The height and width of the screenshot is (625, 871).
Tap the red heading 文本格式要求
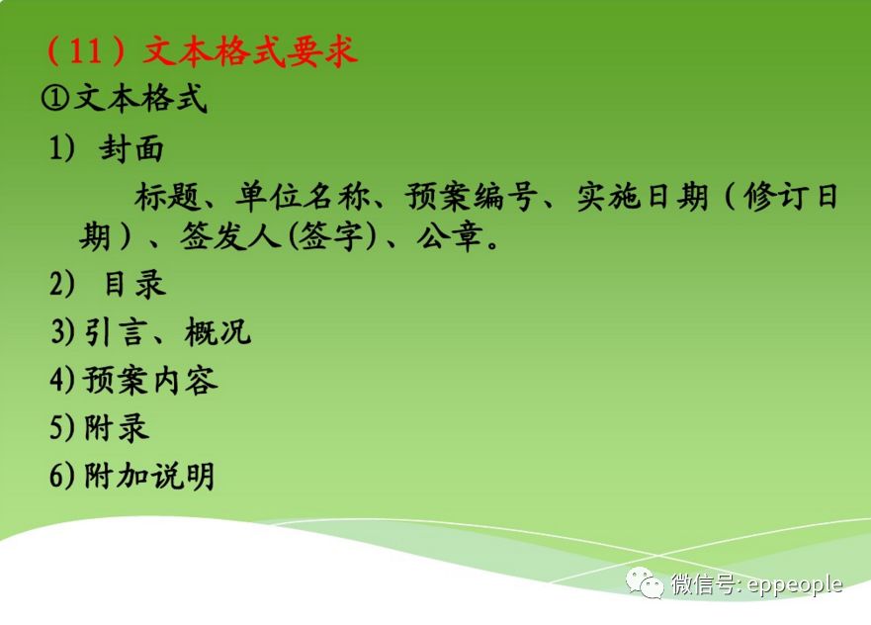[x=250, y=50]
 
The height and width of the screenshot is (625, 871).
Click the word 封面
[x=131, y=149]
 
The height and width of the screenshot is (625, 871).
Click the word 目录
[x=134, y=285]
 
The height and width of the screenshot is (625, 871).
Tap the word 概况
[x=218, y=332]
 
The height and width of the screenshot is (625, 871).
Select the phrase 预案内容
[x=150, y=381]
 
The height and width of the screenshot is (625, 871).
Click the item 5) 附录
[x=100, y=427]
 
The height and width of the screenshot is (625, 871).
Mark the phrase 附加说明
[x=149, y=476]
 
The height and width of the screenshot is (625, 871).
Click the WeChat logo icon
[x=647, y=583]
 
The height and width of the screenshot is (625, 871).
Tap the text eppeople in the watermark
[x=795, y=584]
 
